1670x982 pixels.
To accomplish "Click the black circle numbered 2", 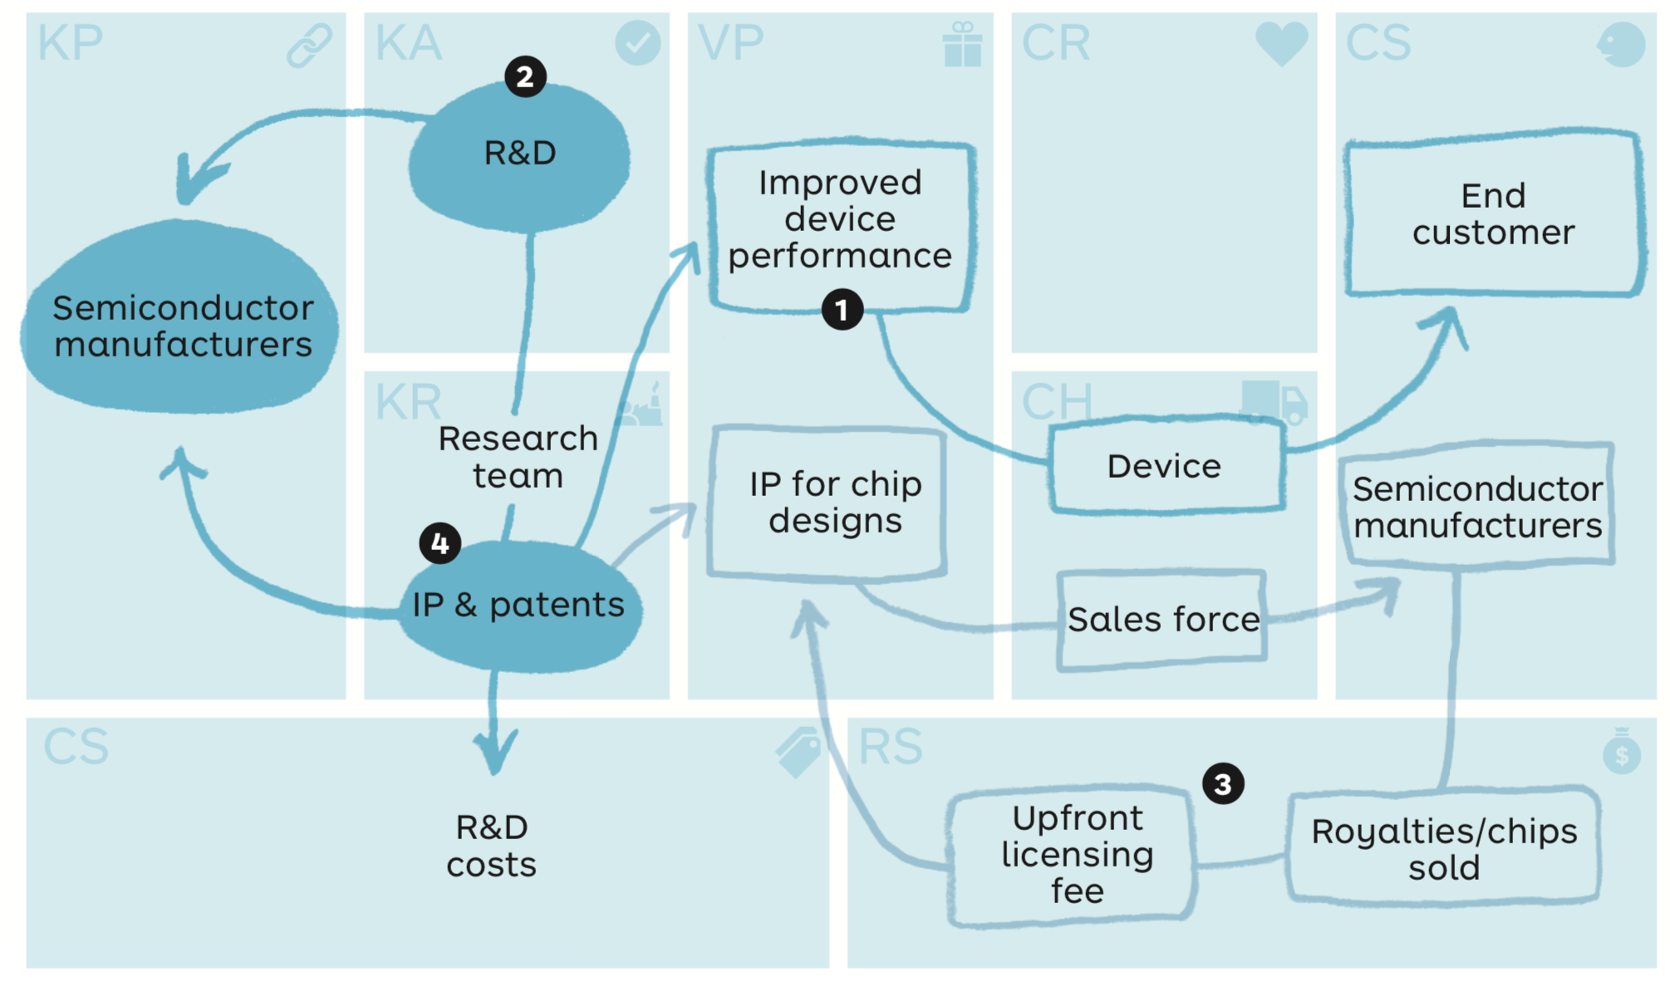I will click(x=525, y=77).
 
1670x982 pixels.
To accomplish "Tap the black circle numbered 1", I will click(x=842, y=310).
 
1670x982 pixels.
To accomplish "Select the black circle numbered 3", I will click(x=1223, y=783).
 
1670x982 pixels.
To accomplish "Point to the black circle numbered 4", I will click(x=440, y=543).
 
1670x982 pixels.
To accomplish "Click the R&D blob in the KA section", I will click(x=520, y=158).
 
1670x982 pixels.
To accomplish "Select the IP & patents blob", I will click(x=520, y=606).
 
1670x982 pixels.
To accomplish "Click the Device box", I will click(x=1165, y=466).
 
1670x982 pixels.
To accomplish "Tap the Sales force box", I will click(x=1162, y=620).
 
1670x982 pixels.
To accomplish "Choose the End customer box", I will click(x=1493, y=214).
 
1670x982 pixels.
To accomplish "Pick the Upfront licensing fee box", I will click(x=1076, y=854).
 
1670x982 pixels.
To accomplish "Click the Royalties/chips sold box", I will click(x=1443, y=848).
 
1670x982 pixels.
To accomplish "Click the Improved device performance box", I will click(x=840, y=220).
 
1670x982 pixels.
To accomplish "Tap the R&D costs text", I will click(x=491, y=846).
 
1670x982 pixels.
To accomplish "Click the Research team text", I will click(x=518, y=456).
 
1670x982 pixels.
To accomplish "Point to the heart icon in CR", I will click(x=1280, y=43).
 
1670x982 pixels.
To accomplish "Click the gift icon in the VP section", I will click(x=962, y=45).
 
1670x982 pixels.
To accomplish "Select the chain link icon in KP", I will click(x=309, y=45).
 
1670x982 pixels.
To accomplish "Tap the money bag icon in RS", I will click(x=1621, y=751).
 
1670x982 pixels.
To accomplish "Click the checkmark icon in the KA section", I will click(x=637, y=43).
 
